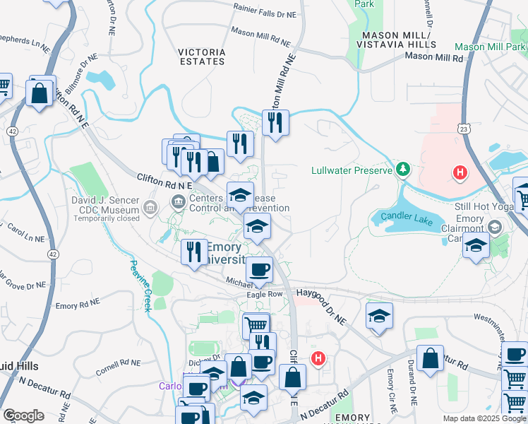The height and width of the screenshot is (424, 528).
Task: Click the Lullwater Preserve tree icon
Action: [x=402, y=169]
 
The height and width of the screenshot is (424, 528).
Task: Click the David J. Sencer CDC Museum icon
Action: [x=150, y=207]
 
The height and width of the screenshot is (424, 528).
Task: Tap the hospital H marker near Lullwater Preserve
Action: [x=460, y=172]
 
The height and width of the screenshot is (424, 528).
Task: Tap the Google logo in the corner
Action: [x=23, y=415]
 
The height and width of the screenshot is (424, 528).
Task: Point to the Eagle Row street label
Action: [x=264, y=294]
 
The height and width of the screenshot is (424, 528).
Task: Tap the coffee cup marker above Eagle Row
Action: [x=259, y=269]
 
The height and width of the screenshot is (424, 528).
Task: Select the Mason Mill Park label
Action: [x=491, y=47]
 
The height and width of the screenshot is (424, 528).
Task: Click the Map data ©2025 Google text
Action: [x=483, y=418]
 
